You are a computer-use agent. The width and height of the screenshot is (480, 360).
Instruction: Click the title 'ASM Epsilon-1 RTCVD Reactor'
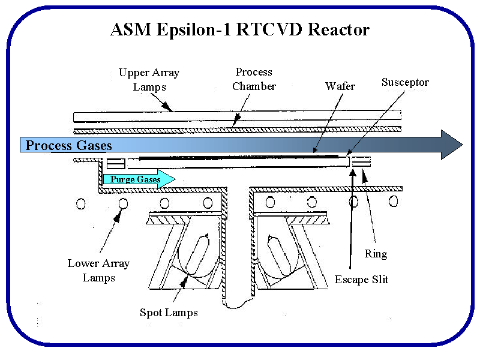point(239,29)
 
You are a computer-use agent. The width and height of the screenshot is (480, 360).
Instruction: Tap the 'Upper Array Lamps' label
point(149,80)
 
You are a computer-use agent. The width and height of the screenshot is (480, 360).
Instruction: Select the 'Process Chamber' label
point(254,79)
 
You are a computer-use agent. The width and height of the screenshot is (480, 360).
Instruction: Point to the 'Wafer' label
point(340,86)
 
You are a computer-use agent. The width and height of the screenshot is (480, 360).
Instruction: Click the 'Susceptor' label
point(405,82)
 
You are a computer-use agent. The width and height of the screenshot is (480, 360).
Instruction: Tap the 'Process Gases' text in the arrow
point(68,146)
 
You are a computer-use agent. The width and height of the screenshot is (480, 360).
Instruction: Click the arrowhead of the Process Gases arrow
point(451,145)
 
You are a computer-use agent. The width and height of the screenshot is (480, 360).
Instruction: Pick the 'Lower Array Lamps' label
point(98,271)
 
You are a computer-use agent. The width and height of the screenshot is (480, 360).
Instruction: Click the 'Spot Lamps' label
point(169,313)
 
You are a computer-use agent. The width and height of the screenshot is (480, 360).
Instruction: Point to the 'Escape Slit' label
point(361,280)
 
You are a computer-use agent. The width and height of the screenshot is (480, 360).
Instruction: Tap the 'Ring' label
point(376,254)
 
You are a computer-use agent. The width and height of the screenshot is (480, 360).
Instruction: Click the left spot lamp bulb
point(196,253)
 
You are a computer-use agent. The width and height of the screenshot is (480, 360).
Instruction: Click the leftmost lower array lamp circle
point(81,203)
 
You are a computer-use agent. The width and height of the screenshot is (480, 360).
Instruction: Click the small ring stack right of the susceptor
point(361,161)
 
